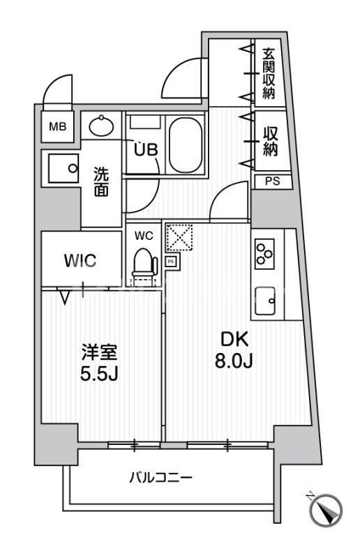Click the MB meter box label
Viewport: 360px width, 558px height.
pyautogui.click(x=57, y=127)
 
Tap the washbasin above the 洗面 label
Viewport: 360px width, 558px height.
pyautogui.click(x=102, y=126)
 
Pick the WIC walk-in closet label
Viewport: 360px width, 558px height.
pyautogui.click(x=81, y=261)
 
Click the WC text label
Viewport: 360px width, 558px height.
pyautogui.click(x=144, y=236)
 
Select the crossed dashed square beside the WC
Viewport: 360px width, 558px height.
pyautogui.click(x=179, y=238)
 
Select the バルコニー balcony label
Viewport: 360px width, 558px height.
pyautogui.click(x=160, y=478)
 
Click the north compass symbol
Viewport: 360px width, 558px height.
pyautogui.click(x=325, y=510)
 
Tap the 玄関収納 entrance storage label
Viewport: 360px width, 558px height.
pyautogui.click(x=269, y=72)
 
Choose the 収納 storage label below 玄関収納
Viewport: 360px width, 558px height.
pyautogui.click(x=269, y=140)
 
